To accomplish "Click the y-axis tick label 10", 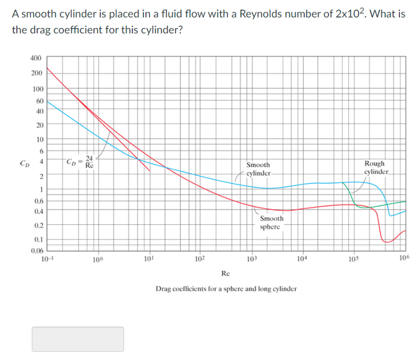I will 39,139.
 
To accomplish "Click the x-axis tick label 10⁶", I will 404,258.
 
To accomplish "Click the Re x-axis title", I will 225,273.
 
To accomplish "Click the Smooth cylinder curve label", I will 258,170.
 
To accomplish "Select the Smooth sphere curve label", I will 272,222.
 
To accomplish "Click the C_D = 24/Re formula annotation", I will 81,162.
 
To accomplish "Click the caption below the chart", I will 225,289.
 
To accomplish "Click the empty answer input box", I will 78,339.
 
